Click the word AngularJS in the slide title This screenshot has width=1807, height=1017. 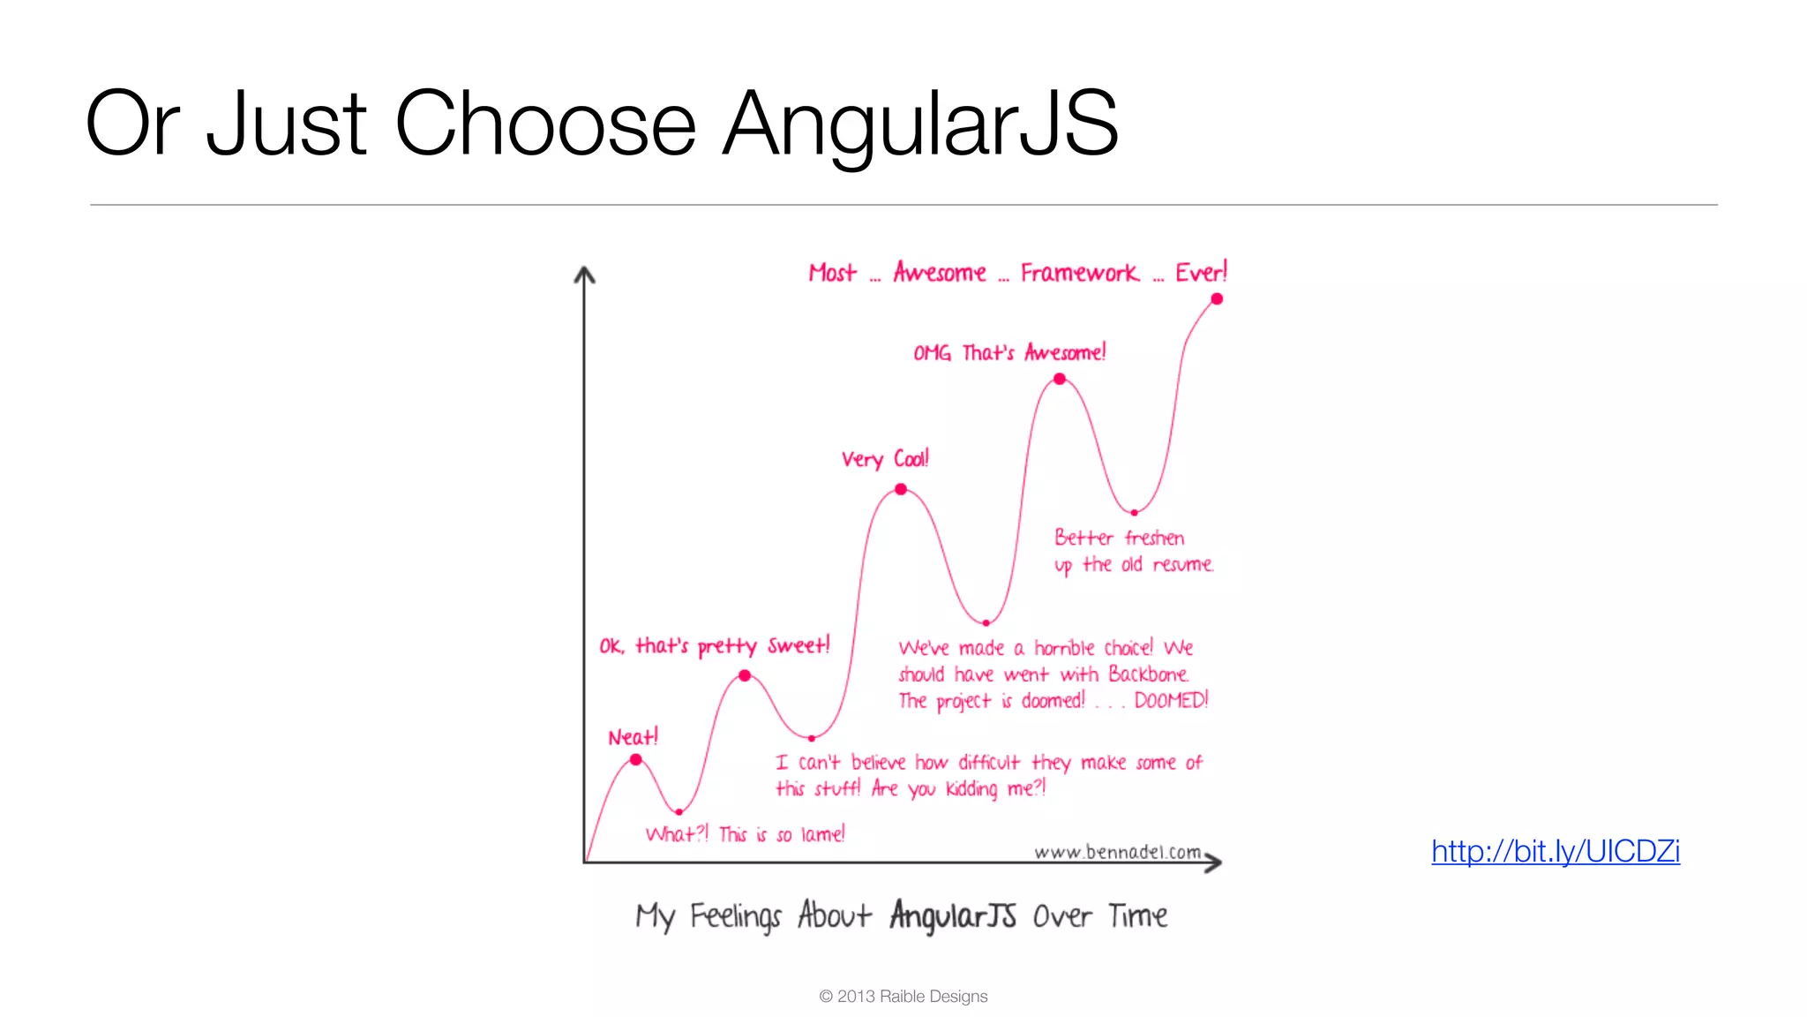pyautogui.click(x=920, y=124)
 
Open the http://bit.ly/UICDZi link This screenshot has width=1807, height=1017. pyautogui.click(x=1555, y=851)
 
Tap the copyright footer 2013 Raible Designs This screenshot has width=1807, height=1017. pyautogui.click(x=903, y=996)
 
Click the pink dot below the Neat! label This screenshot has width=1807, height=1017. pyautogui.click(x=636, y=759)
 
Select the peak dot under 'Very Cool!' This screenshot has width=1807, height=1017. pyautogui.click(x=901, y=489)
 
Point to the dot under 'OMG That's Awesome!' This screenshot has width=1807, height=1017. pyautogui.click(x=1060, y=379)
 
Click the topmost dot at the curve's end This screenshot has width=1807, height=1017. pyautogui.click(x=1217, y=299)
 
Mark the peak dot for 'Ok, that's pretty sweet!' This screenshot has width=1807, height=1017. pyautogui.click(x=745, y=675)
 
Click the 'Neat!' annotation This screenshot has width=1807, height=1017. pyautogui.click(x=633, y=737)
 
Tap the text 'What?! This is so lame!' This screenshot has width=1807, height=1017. pyautogui.click(x=745, y=834)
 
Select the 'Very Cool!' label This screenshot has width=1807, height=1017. pyautogui.click(x=885, y=459)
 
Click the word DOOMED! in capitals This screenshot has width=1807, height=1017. pyautogui.click(x=1171, y=700)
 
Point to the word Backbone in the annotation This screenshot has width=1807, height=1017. pyautogui.click(x=1148, y=674)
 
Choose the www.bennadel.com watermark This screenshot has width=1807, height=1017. pyautogui.click(x=1117, y=852)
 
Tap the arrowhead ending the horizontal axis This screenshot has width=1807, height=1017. pyautogui.click(x=1215, y=863)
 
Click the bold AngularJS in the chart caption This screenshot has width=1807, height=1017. pyautogui.click(x=953, y=915)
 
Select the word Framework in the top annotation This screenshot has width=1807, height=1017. pyautogui.click(x=1079, y=273)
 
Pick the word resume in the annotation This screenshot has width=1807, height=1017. pyautogui.click(x=1182, y=564)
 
